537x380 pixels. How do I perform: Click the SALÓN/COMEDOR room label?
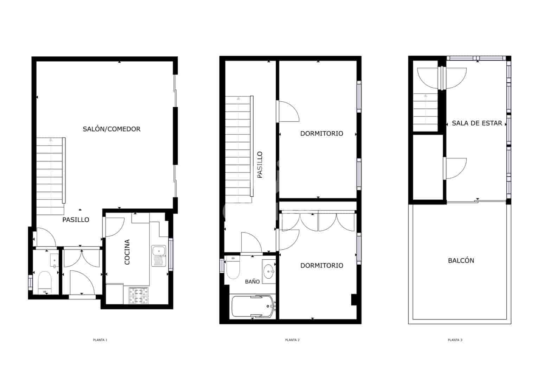[111, 129]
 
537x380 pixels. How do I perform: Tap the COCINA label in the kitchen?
[127, 252]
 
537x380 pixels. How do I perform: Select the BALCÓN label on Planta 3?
[461, 260]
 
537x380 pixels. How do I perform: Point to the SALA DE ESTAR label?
[477, 123]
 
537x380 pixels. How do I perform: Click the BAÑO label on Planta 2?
[252, 281]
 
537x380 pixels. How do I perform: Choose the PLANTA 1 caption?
[100, 340]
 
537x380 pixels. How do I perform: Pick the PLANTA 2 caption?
[292, 340]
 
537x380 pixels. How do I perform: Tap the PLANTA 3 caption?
[455, 340]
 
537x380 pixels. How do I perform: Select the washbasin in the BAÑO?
[269, 271]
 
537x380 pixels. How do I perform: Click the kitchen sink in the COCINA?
[159, 256]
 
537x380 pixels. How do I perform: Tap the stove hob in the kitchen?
[139, 296]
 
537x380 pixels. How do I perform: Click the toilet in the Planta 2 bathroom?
[232, 267]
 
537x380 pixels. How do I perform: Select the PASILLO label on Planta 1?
[76, 220]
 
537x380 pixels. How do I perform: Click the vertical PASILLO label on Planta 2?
[260, 165]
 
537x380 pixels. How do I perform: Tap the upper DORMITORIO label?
[322, 134]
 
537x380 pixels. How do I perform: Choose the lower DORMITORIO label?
[322, 266]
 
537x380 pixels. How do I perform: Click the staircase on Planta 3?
[425, 112]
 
